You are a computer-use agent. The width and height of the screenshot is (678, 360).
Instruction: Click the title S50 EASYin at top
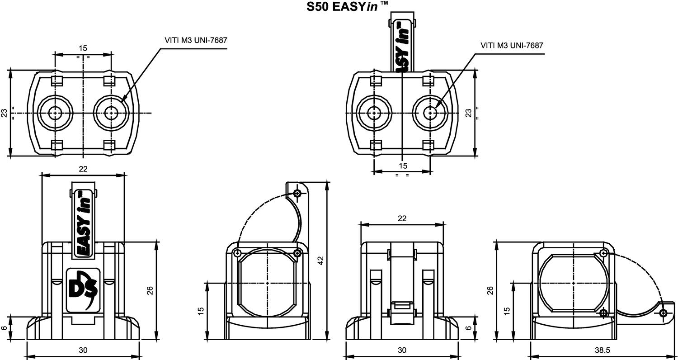347,6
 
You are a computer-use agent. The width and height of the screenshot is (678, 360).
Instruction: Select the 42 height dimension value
321,261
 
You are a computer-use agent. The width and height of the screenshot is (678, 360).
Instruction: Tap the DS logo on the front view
83,290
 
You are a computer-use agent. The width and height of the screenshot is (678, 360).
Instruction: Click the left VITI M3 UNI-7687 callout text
195,40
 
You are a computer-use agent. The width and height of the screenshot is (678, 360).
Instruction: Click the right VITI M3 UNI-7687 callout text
511,45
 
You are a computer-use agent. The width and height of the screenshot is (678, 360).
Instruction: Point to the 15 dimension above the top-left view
83,48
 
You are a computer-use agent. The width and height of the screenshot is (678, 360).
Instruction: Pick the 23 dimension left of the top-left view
4,113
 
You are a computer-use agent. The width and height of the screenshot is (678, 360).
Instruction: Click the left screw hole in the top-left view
55,113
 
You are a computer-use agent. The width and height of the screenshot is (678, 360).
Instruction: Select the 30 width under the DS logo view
83,350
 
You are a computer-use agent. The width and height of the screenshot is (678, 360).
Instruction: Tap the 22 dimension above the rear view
402,218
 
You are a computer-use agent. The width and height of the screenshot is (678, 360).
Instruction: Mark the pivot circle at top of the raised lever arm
297,194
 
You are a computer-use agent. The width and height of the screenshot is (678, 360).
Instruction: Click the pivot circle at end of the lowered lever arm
663,313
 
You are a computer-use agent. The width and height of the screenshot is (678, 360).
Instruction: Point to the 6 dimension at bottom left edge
4,328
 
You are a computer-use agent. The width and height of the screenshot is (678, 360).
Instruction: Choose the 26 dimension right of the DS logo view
150,290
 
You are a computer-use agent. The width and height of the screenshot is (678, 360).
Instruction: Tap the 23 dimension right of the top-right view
469,113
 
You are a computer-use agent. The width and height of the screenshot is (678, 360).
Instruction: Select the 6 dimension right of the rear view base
469,328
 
